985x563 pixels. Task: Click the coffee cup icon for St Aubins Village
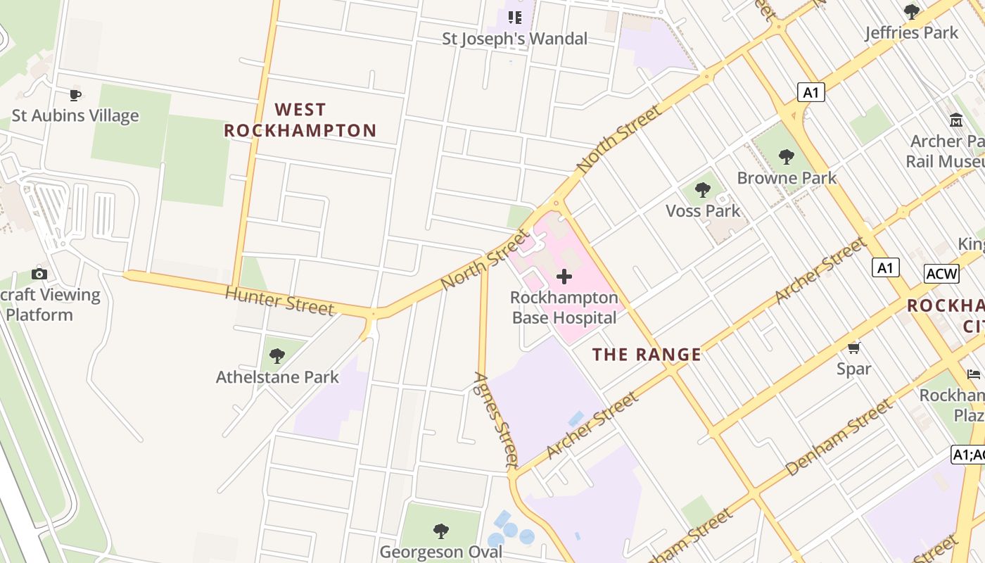[75, 94]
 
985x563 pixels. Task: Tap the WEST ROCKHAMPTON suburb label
[300, 120]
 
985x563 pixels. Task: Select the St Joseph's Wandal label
[514, 39]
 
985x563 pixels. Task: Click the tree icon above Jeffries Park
[911, 12]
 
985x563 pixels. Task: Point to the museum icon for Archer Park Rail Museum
[955, 120]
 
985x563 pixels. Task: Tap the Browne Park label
[787, 177]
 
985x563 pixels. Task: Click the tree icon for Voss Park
[702, 189]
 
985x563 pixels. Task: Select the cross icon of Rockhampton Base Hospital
[564, 277]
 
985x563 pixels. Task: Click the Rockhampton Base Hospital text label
[564, 308]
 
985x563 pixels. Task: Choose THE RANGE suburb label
[647, 354]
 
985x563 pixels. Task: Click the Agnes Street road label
[497, 419]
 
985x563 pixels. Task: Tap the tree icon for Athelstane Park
[277, 355]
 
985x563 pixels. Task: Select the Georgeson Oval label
[441, 551]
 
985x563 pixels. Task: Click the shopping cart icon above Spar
[854, 348]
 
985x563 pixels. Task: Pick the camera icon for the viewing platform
[39, 274]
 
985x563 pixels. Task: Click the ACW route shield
[941, 273]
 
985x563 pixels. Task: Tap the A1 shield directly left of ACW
[885, 267]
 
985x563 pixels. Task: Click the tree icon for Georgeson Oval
[441, 531]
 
